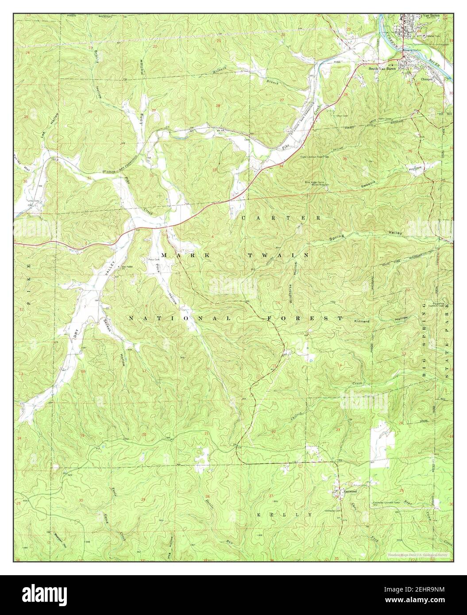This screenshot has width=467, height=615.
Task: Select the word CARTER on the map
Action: (281, 218)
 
